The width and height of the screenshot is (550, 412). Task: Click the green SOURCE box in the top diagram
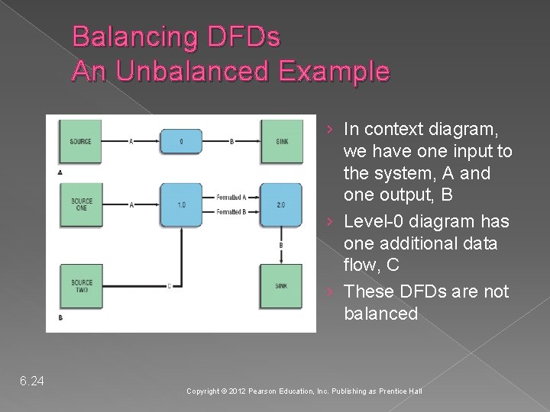point(81,141)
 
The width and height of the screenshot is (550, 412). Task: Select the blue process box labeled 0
point(180,141)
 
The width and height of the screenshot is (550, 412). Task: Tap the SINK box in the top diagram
point(282,141)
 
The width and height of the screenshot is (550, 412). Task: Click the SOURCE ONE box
point(81,205)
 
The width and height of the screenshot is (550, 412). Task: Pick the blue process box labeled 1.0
point(180,204)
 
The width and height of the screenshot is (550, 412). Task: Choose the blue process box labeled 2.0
point(282,204)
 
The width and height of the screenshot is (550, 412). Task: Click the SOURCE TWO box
point(81,285)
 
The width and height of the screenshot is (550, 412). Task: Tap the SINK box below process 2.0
point(282,285)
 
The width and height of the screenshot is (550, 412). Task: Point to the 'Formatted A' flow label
point(231,198)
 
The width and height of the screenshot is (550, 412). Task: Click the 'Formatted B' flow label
point(231,211)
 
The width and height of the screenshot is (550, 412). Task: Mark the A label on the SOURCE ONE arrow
point(132,204)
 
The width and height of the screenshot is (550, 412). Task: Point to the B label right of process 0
point(231,141)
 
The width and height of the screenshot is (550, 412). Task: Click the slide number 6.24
point(32,380)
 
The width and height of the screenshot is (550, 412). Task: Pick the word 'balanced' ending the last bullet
point(380,314)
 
